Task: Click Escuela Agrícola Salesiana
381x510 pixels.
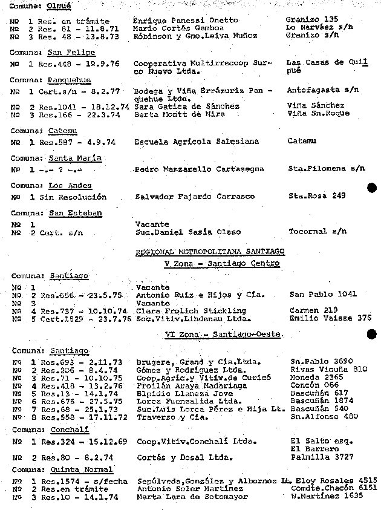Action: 197,142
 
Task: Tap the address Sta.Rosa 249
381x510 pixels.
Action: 317,196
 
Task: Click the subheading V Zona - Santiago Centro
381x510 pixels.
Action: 222,263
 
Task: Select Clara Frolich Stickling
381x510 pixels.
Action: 182,310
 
